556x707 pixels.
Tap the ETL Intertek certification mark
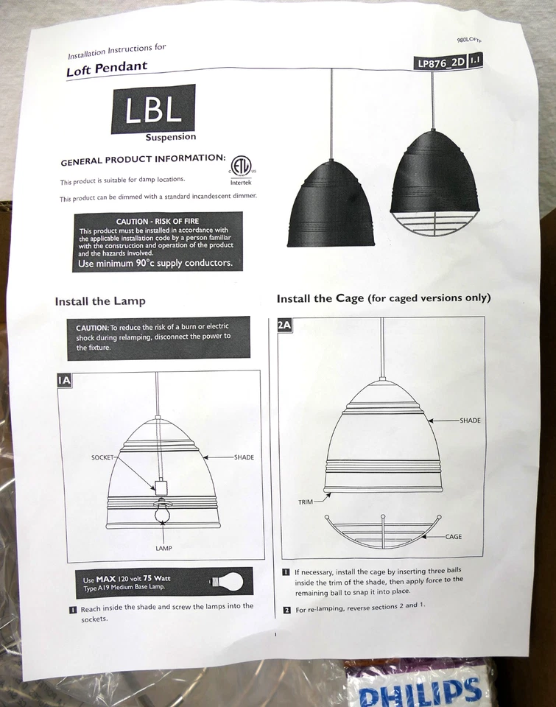pyautogui.click(x=240, y=166)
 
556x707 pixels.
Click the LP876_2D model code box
pyautogui.click(x=441, y=63)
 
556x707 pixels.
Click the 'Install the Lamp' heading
pyautogui.click(x=100, y=301)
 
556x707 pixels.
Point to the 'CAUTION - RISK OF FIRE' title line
pyautogui.click(x=158, y=221)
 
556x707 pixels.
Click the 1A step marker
pyautogui.click(x=64, y=380)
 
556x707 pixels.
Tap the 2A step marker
pyautogui.click(x=284, y=326)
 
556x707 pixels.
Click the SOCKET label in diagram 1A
pyautogui.click(x=102, y=457)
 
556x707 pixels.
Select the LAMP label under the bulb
pyautogui.click(x=163, y=549)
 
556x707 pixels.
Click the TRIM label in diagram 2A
pyautogui.click(x=306, y=502)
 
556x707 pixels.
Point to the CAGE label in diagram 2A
pyautogui.click(x=454, y=537)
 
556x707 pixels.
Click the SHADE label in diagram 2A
pyautogui.click(x=470, y=421)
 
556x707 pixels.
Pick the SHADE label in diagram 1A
pyautogui.click(x=244, y=457)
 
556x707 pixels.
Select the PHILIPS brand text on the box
pyautogui.click(x=420, y=692)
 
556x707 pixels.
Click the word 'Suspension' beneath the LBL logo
pyautogui.click(x=171, y=137)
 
